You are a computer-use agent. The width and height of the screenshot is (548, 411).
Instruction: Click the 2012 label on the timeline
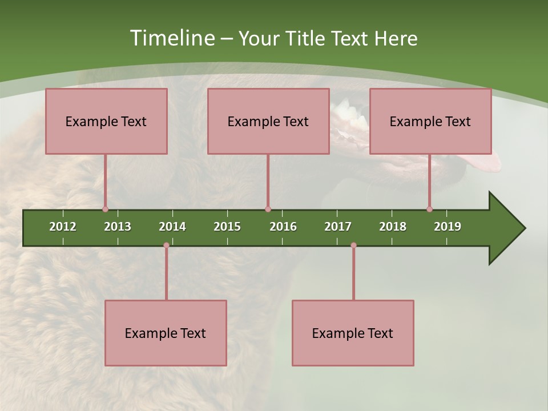pos(63,227)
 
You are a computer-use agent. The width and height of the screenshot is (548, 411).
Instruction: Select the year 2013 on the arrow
pos(118,227)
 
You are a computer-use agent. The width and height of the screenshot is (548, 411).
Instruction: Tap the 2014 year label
pos(172,227)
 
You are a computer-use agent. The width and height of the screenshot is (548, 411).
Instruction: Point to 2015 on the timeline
pos(227,227)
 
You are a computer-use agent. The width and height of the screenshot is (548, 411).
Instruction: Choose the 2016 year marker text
pos(283,227)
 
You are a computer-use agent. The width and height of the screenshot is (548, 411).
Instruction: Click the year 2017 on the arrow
pos(338,227)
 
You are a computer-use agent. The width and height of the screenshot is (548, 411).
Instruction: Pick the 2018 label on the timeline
pos(393,227)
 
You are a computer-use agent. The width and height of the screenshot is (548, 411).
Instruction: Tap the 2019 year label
pos(448,227)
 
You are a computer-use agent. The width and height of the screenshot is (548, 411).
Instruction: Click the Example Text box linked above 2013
pos(106,121)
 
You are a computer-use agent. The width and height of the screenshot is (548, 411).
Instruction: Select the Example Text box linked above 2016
pos(268,121)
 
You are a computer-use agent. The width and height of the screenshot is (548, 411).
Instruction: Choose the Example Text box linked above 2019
pos(430,121)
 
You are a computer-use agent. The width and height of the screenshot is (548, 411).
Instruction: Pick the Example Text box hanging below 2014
pos(166,333)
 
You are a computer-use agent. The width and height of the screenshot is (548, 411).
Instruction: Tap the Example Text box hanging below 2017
pos(353,333)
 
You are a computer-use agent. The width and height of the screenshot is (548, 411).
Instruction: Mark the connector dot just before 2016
pos(268,209)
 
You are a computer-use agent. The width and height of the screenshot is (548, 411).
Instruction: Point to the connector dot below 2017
pos(353,245)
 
